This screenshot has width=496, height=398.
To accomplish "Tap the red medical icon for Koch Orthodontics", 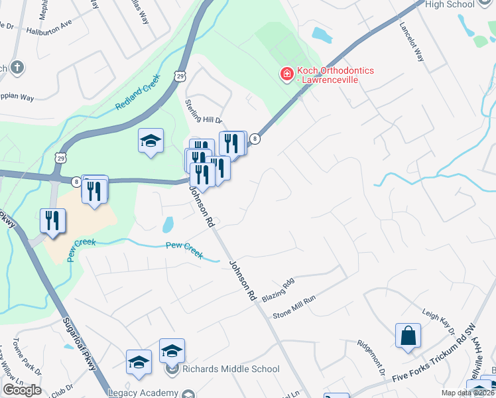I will click(x=287, y=73).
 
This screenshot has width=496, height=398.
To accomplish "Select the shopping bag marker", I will click(x=408, y=335).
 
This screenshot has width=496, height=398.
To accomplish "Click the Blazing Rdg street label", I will click(x=277, y=291).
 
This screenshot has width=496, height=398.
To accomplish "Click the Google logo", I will click(x=22, y=390).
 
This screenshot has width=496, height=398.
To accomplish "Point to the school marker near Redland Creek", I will click(x=151, y=141).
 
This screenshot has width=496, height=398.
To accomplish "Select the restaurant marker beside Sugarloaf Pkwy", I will click(x=52, y=220).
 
